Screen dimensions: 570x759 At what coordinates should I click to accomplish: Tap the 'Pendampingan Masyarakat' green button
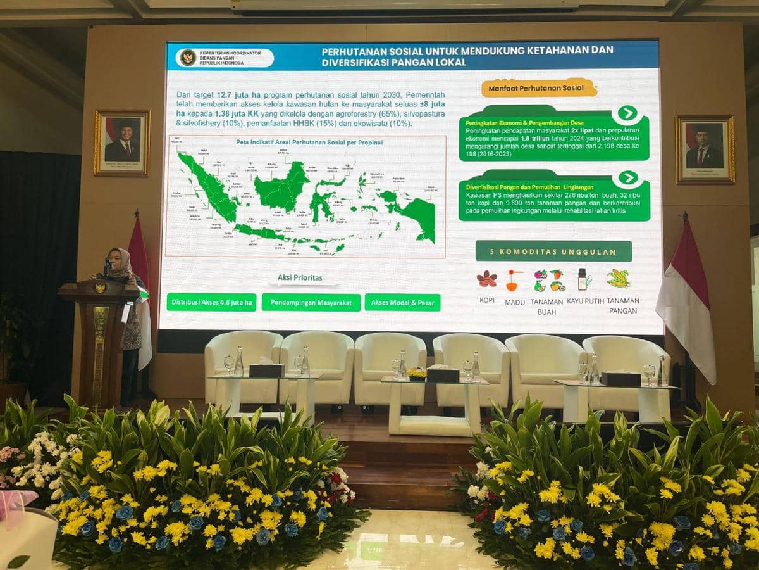point(311,303)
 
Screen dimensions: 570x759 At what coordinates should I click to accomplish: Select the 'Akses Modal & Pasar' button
point(402,303)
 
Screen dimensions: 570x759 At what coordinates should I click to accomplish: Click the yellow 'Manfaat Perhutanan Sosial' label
point(540,87)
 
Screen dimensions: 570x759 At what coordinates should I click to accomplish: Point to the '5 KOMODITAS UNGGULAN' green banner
point(553,251)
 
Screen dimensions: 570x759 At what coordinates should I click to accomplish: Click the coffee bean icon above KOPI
point(486,279)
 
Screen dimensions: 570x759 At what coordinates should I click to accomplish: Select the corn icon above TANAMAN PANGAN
point(618,279)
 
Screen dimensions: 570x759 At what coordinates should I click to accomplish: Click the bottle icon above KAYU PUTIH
point(582,279)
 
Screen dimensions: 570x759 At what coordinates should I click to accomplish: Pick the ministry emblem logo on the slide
point(188,58)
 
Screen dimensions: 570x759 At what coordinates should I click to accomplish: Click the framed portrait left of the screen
point(122,142)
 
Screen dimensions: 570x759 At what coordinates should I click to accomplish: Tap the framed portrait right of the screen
point(705,149)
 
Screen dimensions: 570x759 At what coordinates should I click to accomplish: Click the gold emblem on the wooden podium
point(99,288)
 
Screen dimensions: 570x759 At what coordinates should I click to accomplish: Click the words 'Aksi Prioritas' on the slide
point(300,277)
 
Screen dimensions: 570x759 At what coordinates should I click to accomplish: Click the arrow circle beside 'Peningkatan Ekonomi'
point(626,113)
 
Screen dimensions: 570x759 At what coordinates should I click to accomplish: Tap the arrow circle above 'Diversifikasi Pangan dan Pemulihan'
point(627,178)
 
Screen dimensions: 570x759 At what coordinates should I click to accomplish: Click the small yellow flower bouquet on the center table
point(416,373)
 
